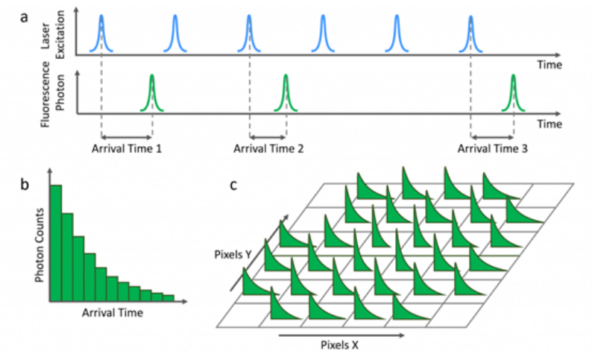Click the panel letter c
pos(233,183)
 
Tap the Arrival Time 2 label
pos(268,148)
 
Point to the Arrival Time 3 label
pos(492,148)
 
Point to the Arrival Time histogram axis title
pos(112,312)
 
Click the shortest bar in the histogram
pos(169,298)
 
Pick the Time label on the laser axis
pos(549,65)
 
